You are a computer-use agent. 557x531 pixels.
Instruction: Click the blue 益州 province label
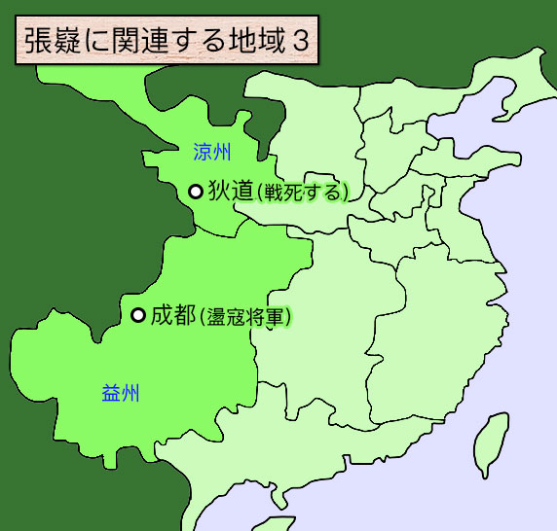(x=121, y=393)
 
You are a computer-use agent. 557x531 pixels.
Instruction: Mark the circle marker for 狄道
(x=195, y=192)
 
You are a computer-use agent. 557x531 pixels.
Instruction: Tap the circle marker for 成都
(x=138, y=314)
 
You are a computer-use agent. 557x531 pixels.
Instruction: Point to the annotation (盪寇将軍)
(x=245, y=316)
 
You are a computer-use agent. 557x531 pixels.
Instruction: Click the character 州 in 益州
(x=131, y=393)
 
